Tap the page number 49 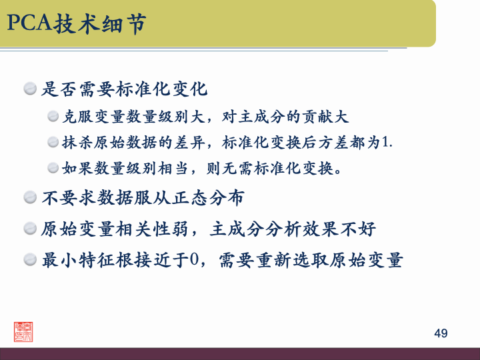[x=441, y=333]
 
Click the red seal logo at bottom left [x=24, y=331]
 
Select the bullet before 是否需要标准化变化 [x=30, y=88]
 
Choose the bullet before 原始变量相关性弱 [x=30, y=229]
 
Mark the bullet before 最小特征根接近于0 [x=30, y=259]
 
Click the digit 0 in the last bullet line [x=195, y=259]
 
